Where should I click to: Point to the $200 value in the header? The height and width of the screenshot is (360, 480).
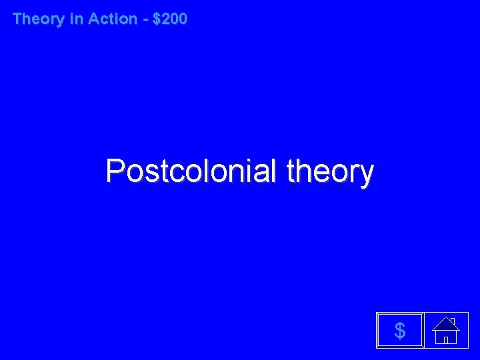tap(170, 19)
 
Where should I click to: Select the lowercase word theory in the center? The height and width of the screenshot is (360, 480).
tap(329, 173)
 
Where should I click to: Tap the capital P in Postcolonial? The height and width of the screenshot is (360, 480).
tap(115, 171)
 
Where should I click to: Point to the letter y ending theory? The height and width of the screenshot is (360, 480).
tap(365, 175)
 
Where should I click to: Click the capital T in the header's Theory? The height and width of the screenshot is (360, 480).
tap(18, 19)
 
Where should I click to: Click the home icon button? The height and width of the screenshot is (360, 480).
tap(446, 330)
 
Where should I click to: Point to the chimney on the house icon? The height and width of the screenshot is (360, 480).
tap(452, 320)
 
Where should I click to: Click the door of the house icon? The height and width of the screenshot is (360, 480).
tap(445, 338)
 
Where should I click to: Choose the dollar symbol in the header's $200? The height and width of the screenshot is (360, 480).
tap(157, 19)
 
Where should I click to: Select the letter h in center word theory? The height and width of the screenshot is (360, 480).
tap(302, 171)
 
